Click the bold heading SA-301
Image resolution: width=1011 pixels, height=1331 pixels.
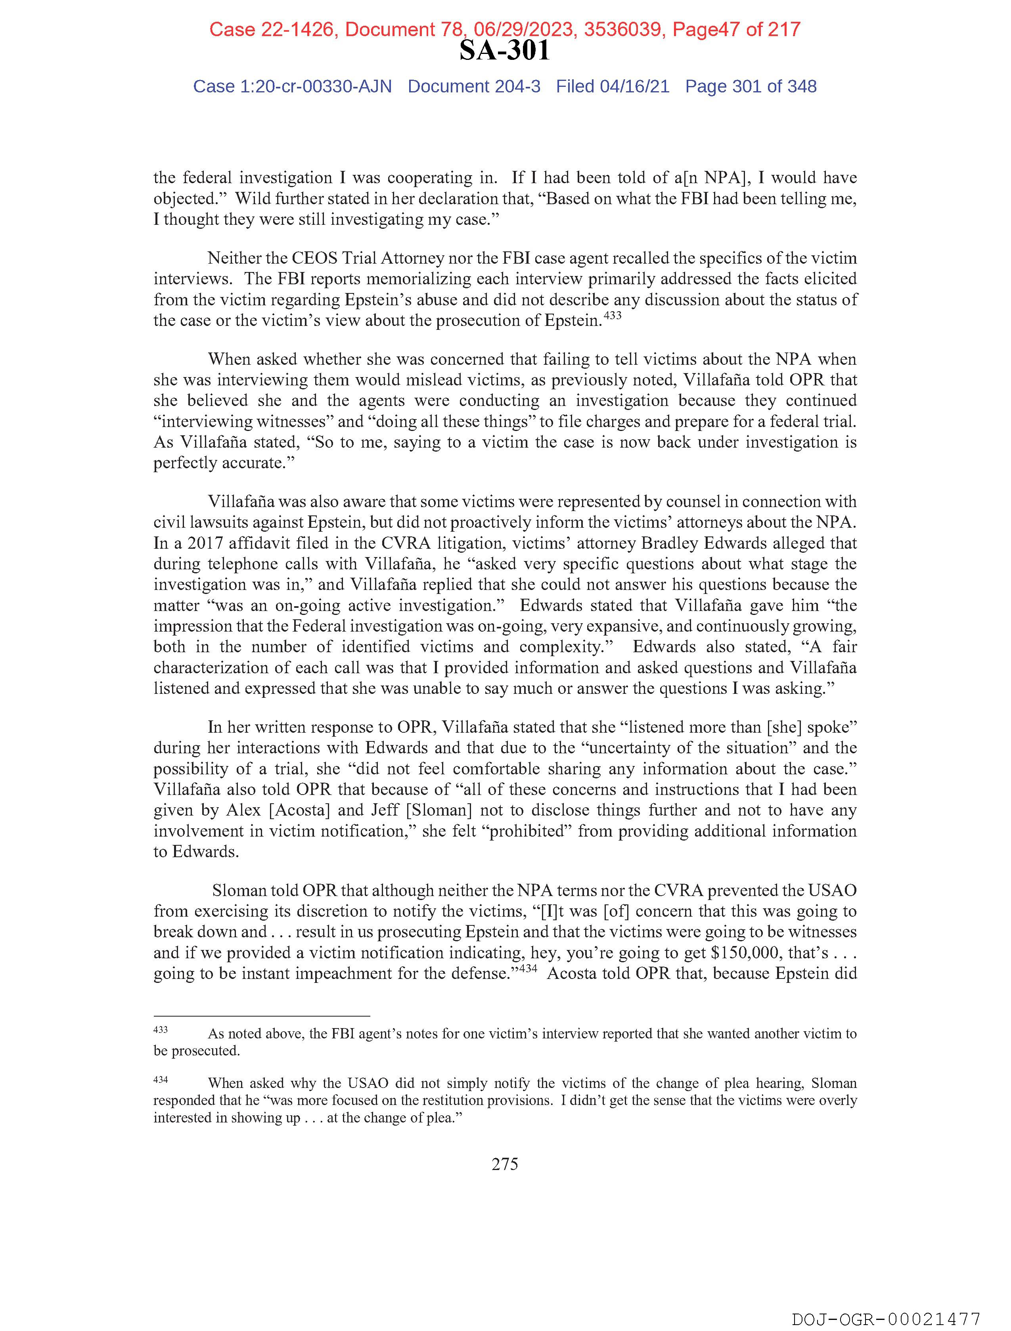pyautogui.click(x=504, y=50)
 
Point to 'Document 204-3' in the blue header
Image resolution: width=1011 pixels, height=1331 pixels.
pyautogui.click(x=474, y=87)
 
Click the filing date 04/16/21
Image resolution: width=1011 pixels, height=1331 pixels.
pyautogui.click(x=634, y=87)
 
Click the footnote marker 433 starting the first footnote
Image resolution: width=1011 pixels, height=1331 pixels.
pyautogui.click(x=161, y=1030)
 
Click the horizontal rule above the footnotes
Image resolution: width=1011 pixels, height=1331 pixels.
pyautogui.click(x=261, y=1015)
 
